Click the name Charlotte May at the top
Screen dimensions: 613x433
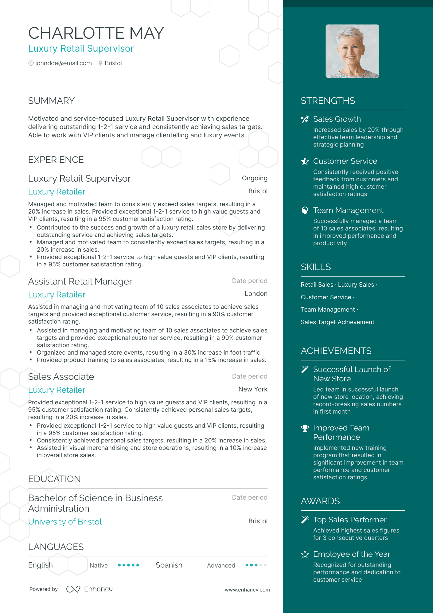96,33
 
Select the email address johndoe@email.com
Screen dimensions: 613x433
63,63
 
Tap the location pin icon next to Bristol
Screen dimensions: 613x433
100,63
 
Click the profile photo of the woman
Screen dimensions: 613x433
352,51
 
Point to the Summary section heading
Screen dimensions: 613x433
51,101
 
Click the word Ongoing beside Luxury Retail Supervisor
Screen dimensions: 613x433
254,178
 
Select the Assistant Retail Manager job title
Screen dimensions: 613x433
80,281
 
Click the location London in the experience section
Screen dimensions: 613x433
256,294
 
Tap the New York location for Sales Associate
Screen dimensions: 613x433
253,389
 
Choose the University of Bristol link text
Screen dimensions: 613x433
65,522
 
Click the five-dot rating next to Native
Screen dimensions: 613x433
128,565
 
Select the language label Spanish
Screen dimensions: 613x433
169,565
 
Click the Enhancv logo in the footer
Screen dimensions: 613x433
89,589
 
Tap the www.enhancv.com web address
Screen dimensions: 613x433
247,590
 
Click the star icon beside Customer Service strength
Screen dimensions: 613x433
305,161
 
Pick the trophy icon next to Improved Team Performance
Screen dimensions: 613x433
305,428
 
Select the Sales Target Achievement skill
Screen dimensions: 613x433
337,322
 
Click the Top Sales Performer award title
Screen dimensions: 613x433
349,520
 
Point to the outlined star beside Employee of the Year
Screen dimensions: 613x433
305,554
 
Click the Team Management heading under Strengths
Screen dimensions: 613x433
348,210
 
